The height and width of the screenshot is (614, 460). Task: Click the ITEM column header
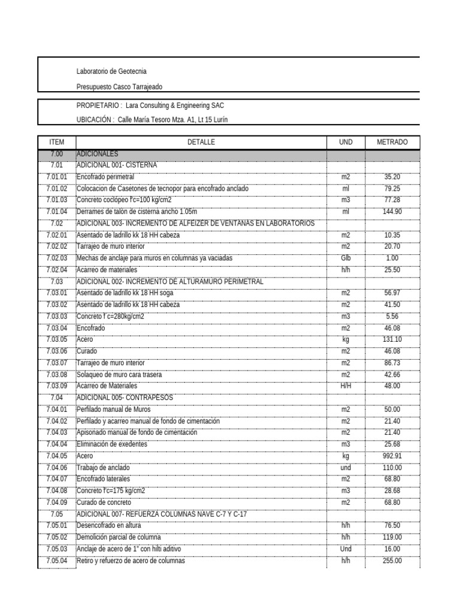click(57, 142)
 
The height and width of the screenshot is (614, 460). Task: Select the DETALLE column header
click(201, 142)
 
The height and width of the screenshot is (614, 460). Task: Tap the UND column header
click(346, 142)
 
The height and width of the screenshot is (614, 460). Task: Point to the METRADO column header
click(392, 142)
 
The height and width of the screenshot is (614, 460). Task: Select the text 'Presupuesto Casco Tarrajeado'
click(119, 87)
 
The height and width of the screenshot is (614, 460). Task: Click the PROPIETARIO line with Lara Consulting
click(151, 105)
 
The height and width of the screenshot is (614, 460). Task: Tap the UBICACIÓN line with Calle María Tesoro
click(152, 120)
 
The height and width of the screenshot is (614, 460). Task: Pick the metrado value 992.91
click(392, 456)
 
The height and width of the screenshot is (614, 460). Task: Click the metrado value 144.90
click(392, 212)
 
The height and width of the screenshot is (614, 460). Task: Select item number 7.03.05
click(57, 339)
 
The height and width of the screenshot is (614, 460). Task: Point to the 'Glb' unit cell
click(346, 258)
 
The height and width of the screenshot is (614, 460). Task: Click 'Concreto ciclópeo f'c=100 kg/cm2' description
click(124, 200)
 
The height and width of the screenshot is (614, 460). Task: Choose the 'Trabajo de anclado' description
click(103, 468)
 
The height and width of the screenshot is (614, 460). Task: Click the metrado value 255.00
click(392, 561)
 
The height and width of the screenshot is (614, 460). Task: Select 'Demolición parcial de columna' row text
click(119, 537)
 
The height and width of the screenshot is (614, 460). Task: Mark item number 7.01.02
click(57, 189)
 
